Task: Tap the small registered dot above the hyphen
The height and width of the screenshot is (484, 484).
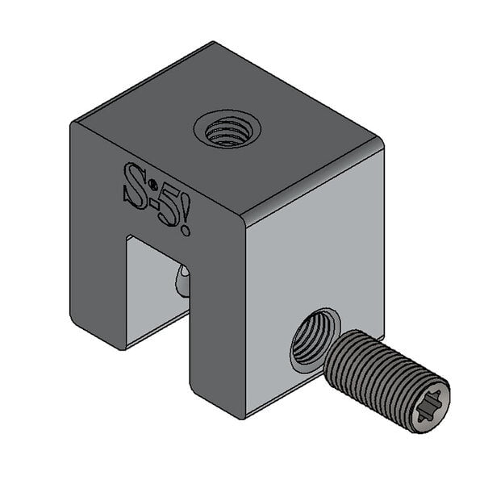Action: pyautogui.click(x=150, y=185)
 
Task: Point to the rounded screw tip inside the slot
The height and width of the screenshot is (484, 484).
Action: pyautogui.click(x=182, y=283)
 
